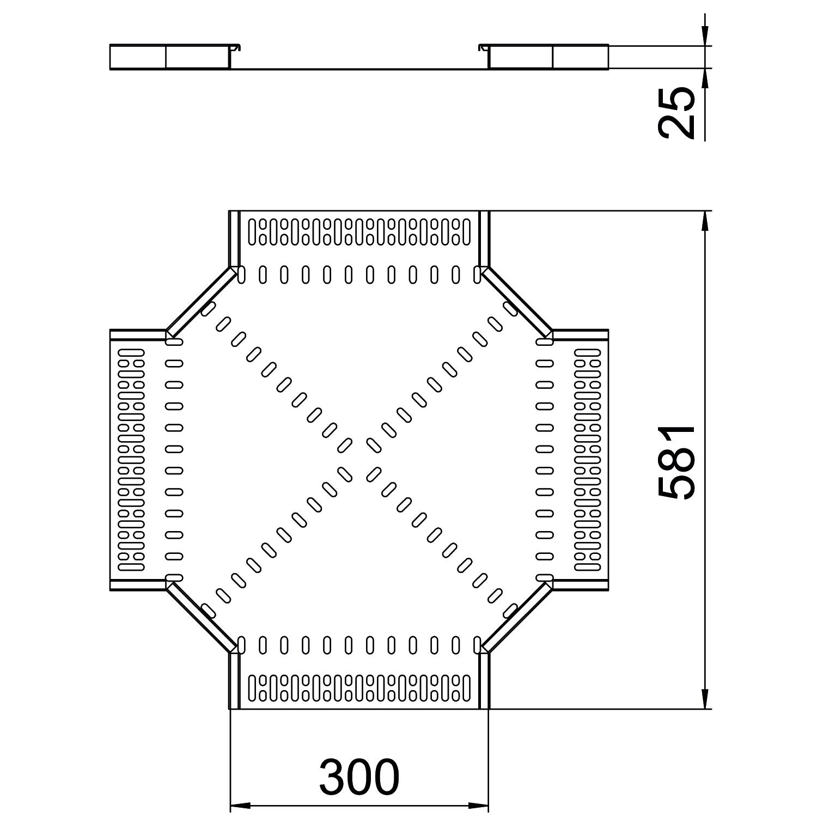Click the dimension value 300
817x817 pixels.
359,777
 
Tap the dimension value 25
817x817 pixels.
677,113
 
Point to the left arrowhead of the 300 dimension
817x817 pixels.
240,804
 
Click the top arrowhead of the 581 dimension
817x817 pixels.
705,221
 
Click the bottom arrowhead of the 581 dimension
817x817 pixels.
705,699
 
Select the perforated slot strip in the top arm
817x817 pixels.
359,231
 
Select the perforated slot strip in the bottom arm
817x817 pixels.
359,687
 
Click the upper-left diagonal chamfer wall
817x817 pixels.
201,302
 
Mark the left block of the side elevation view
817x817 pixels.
169,57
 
